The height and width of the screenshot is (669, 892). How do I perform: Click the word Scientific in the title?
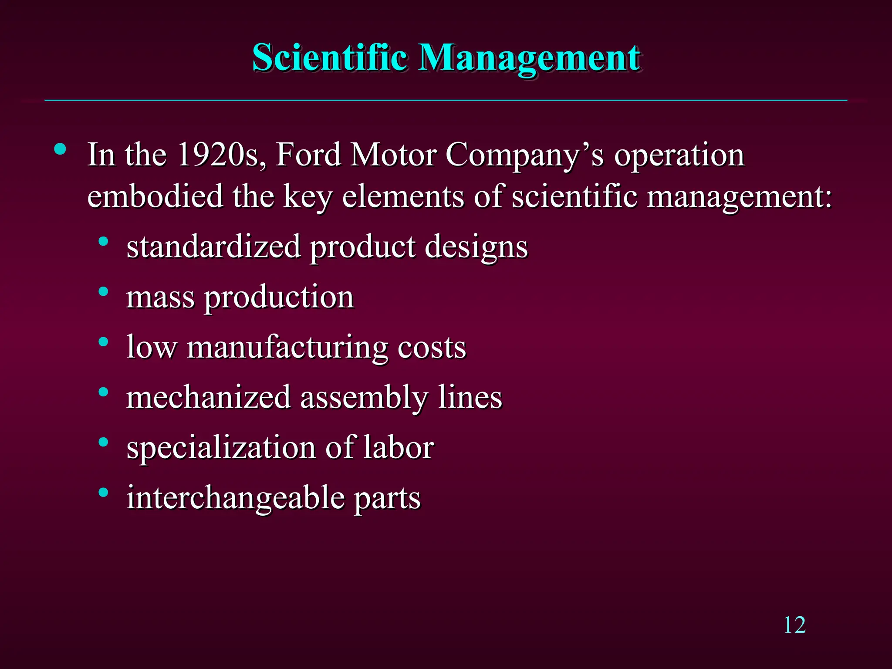330,57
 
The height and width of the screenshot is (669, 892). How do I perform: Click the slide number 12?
794,625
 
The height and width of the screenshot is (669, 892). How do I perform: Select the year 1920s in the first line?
222,155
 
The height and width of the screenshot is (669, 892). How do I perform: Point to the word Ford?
308,155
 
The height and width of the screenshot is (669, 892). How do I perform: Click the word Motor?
393,155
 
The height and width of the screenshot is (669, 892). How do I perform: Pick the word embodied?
155,196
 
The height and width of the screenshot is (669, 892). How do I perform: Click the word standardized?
213,247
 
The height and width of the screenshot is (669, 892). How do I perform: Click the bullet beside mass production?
103,291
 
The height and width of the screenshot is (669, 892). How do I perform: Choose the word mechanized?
209,397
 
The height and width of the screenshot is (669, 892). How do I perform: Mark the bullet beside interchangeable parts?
103,493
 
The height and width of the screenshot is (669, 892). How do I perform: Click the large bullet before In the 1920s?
60,149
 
